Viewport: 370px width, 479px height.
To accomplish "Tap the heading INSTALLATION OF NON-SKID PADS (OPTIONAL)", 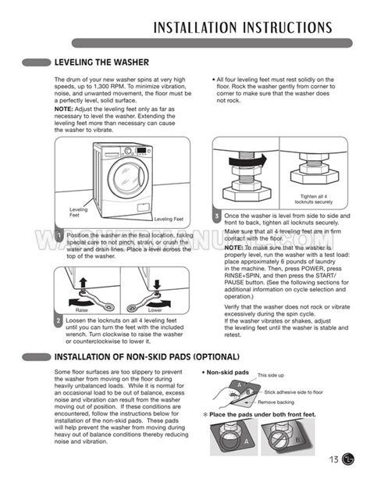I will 145,357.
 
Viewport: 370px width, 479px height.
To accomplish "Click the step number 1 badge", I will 59,235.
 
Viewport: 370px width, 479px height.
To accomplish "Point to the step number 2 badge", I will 59,320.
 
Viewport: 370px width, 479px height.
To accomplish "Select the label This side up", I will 271,376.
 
